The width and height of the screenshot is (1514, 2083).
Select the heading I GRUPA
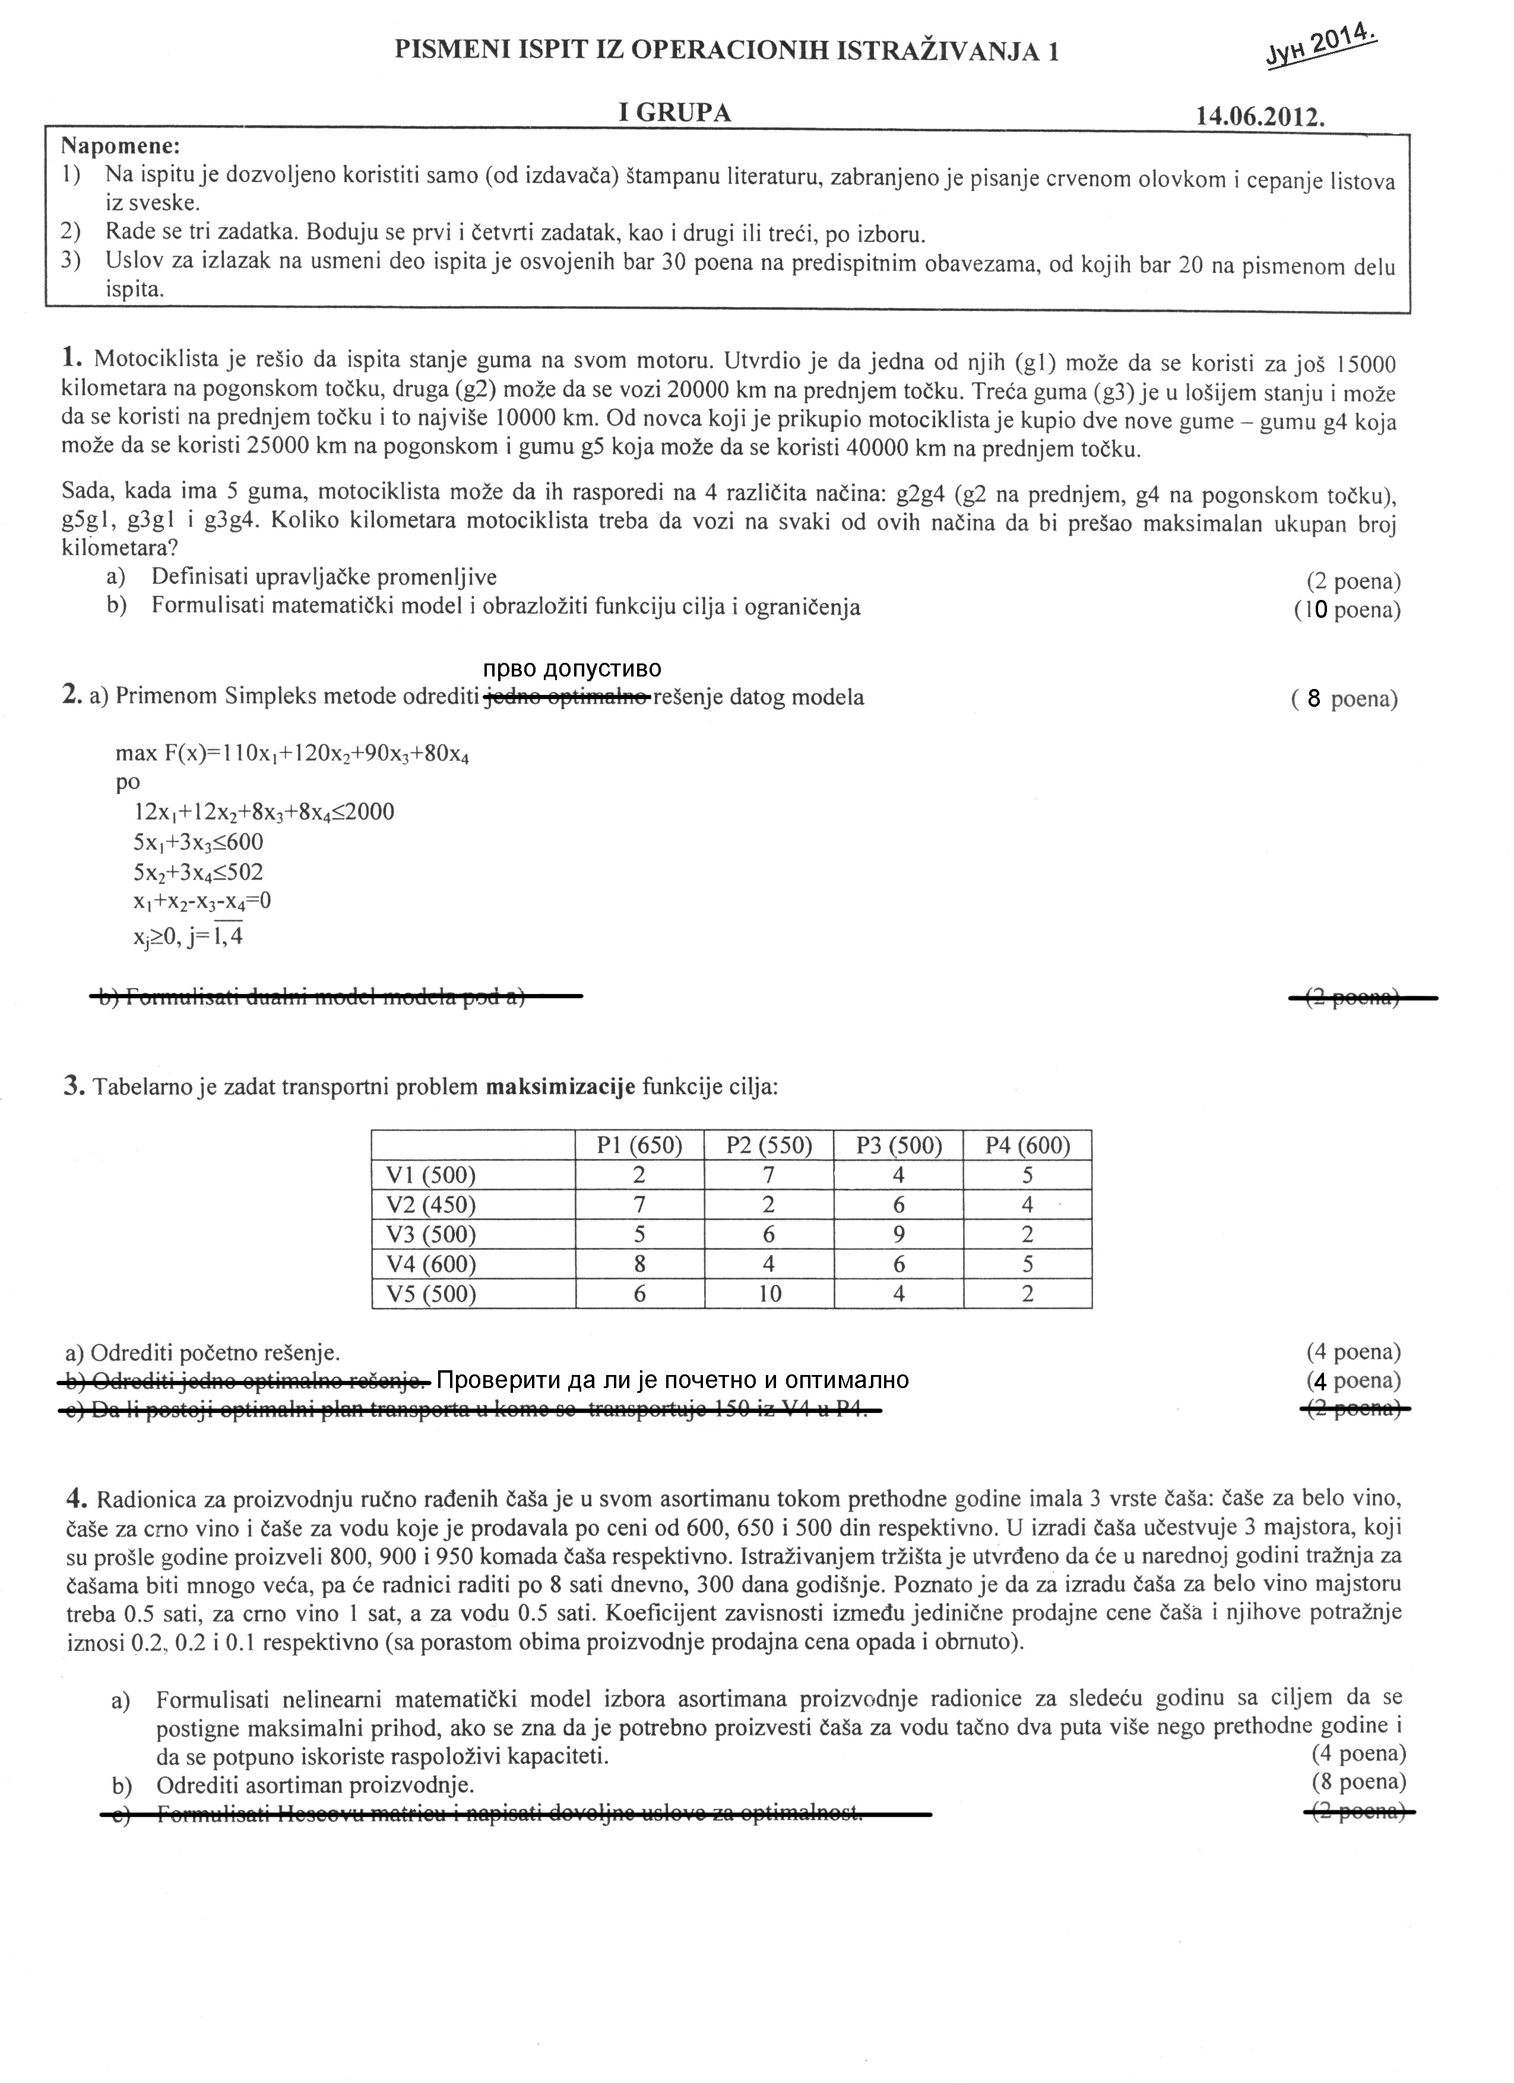[x=675, y=113]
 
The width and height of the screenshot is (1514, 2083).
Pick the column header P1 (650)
[x=639, y=1145]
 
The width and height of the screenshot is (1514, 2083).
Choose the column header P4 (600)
[x=1027, y=1145]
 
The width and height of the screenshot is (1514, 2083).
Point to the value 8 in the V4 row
[x=639, y=1265]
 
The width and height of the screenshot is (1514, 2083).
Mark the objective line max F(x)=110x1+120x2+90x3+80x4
[x=292, y=755]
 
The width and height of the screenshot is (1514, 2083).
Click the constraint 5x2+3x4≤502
[x=198, y=872]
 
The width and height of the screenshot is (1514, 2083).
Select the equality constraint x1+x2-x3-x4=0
[x=201, y=902]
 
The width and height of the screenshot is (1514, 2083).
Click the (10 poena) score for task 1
[x=1347, y=610]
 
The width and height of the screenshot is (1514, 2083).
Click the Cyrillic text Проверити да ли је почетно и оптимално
[x=673, y=1380]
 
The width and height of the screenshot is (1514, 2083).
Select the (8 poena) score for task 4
[x=1359, y=1782]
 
